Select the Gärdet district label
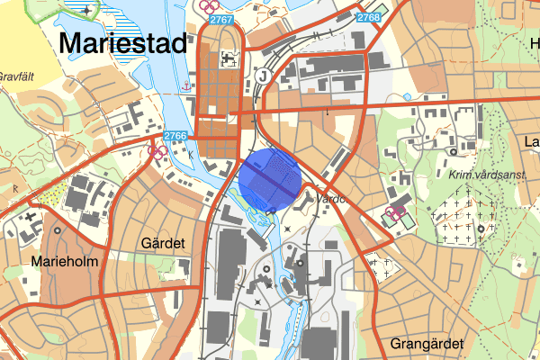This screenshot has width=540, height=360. (163, 244)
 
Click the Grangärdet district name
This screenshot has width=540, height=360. (427, 344)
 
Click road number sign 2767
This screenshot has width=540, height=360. (220, 19)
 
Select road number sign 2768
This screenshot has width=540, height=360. (368, 18)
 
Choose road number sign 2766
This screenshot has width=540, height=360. (176, 136)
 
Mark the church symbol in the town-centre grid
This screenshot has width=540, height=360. (225, 59)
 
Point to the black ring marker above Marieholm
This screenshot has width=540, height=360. (58, 229)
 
